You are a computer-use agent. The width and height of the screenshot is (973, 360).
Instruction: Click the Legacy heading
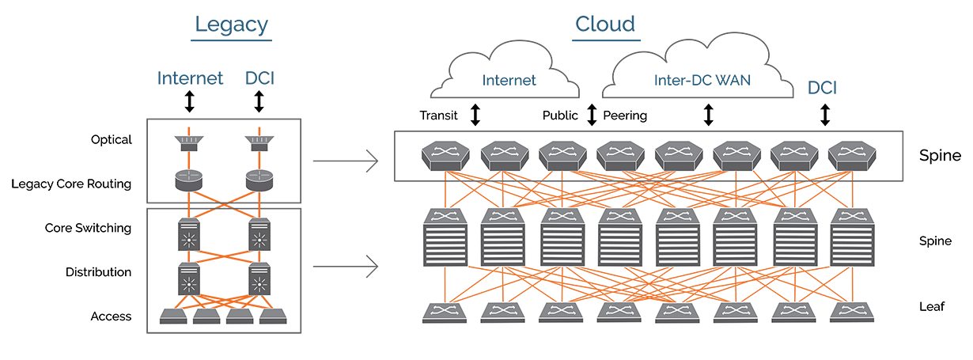coord(233,25)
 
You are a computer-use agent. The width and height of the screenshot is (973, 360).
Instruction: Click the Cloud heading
coord(605,25)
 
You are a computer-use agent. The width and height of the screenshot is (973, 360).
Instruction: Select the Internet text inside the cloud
coord(509,80)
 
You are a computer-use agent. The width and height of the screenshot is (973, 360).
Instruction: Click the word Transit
coord(439,116)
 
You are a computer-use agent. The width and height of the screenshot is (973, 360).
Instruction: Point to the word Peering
coord(625,116)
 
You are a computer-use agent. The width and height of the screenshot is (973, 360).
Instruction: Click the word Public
coord(560,116)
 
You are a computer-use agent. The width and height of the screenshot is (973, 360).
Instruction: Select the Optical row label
coord(111,140)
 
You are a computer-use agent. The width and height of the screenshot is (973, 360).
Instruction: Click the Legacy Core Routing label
coord(71,184)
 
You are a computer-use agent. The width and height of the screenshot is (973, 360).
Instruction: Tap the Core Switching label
coord(88,228)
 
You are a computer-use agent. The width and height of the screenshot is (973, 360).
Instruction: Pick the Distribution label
coord(98,272)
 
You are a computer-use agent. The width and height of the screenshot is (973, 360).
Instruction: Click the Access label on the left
coord(111,316)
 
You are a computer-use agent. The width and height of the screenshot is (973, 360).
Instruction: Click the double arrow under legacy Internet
coord(189,101)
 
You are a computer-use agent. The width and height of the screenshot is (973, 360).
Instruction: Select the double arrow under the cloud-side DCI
coord(825,116)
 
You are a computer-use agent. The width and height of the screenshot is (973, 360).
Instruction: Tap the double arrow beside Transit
coord(475,116)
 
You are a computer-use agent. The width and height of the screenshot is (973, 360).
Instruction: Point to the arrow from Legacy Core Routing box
coord(344,163)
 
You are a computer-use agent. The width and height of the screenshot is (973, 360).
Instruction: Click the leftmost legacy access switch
coord(173,316)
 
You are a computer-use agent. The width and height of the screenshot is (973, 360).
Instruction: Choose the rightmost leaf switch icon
coord(851,311)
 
